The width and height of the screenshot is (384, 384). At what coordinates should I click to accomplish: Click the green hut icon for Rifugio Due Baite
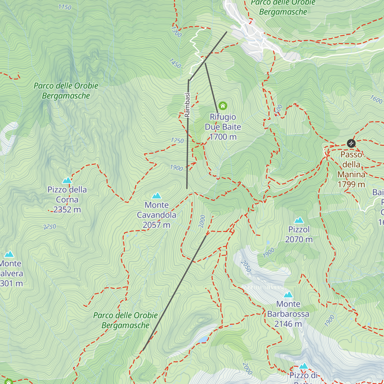(x=223, y=106)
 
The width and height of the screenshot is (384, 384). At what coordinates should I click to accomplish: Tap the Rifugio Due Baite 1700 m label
(x=223, y=127)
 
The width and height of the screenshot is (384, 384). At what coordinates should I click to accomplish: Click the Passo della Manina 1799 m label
(x=351, y=169)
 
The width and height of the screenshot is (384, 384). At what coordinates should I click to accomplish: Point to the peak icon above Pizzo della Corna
(x=67, y=180)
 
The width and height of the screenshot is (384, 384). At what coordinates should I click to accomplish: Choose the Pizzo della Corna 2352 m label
(x=67, y=200)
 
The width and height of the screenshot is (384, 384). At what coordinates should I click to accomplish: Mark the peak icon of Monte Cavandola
(x=156, y=196)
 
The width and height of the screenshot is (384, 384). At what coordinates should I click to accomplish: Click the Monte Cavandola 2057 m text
(x=156, y=215)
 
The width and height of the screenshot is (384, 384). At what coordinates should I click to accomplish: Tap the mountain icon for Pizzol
(x=299, y=220)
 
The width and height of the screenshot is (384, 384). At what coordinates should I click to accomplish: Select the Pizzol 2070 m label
(x=299, y=235)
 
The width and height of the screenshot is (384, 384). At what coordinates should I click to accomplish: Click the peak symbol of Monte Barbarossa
(x=288, y=294)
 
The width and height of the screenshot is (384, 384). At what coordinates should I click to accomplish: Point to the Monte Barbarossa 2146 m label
(x=288, y=314)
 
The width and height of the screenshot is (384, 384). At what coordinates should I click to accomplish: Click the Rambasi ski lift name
(x=188, y=105)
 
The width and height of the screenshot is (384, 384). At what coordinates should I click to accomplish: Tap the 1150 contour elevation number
(x=65, y=7)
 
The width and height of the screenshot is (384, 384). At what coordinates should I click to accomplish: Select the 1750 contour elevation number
(x=177, y=140)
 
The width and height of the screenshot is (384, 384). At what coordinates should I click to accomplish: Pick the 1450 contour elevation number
(x=175, y=63)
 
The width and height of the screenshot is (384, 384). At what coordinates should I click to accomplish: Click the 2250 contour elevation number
(x=50, y=227)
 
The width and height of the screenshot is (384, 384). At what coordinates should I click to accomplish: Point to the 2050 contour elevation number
(x=245, y=266)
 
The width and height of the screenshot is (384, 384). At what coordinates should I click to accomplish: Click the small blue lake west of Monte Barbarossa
(x=203, y=339)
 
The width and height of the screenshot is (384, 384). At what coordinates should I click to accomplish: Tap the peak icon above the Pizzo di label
(x=303, y=366)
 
